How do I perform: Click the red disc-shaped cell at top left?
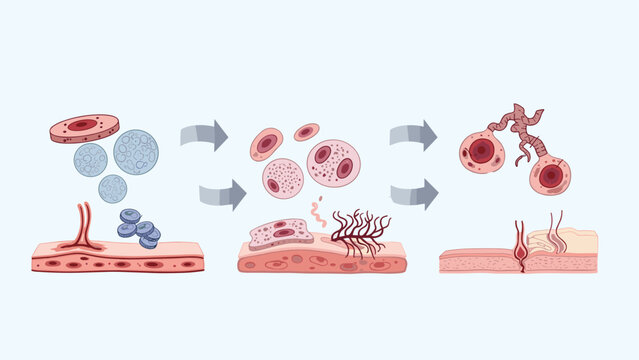pos(84,127)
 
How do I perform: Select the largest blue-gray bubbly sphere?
pos(135,152)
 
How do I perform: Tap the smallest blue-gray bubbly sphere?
pos(113,188)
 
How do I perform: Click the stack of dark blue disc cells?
pos(139,228)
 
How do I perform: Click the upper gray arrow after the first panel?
pos(204,134)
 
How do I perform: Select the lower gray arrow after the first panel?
pos(222,194)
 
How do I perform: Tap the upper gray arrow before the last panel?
pos(413,134)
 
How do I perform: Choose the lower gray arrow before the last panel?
pos(413,194)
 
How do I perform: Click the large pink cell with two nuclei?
pos(334,163)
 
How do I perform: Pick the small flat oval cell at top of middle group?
pos(306,132)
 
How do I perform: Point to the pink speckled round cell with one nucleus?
pos(283,178)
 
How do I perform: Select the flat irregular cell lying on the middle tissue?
pos(278,234)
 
